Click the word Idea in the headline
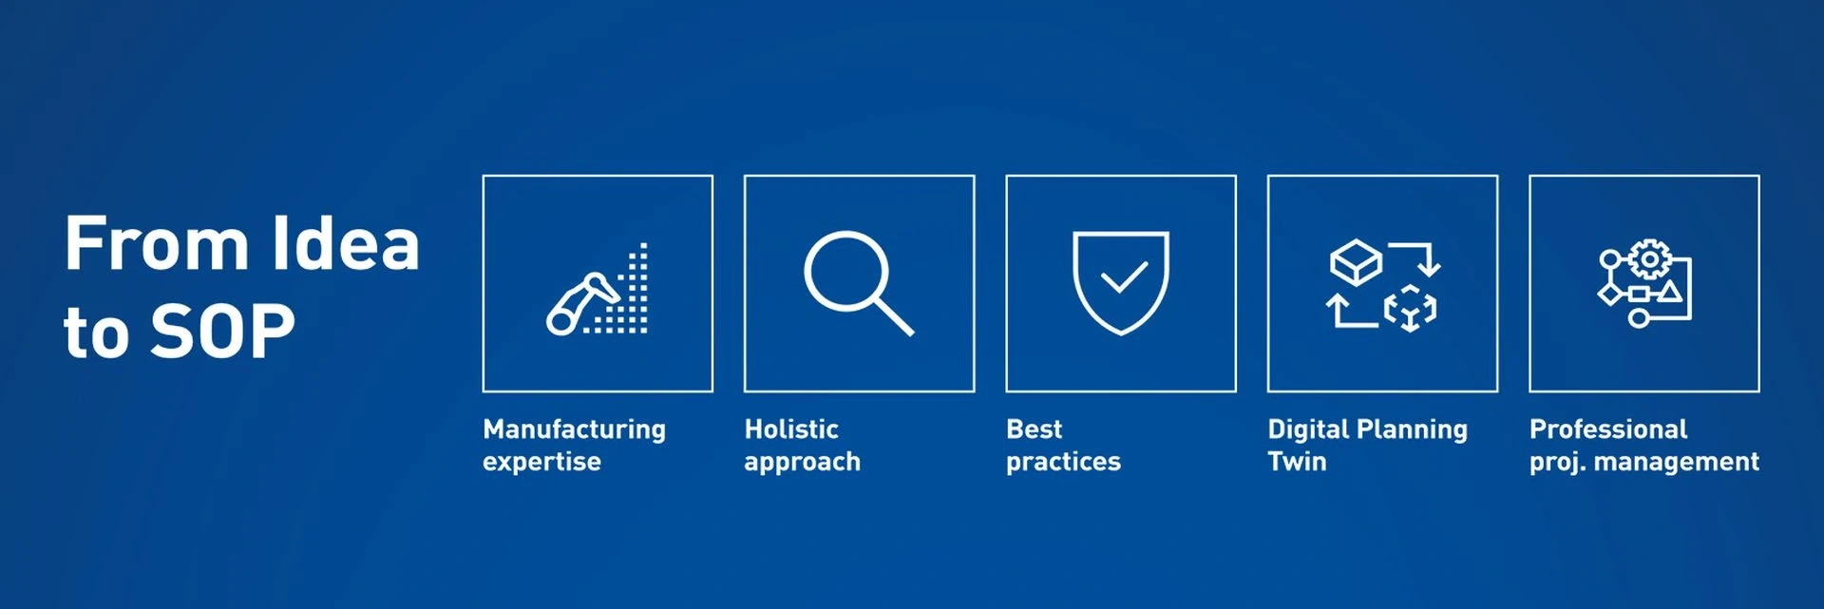coord(345,243)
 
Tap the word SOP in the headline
coord(222,332)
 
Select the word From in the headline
coord(156,244)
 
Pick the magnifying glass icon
coord(858,282)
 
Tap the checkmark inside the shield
coord(1123,277)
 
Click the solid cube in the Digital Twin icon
coord(1356,261)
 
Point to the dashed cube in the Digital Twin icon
coord(1410,308)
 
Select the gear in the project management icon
coord(1650,259)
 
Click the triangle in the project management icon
coord(1669,292)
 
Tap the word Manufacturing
coord(574,429)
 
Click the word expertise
coord(541,463)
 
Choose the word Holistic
coord(791,429)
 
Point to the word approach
coord(802,463)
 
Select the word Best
coord(1034,429)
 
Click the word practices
coord(1063,463)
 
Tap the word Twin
coord(1297,462)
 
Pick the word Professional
coord(1608,429)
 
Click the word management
coord(1677,463)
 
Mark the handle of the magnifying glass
coord(893,316)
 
